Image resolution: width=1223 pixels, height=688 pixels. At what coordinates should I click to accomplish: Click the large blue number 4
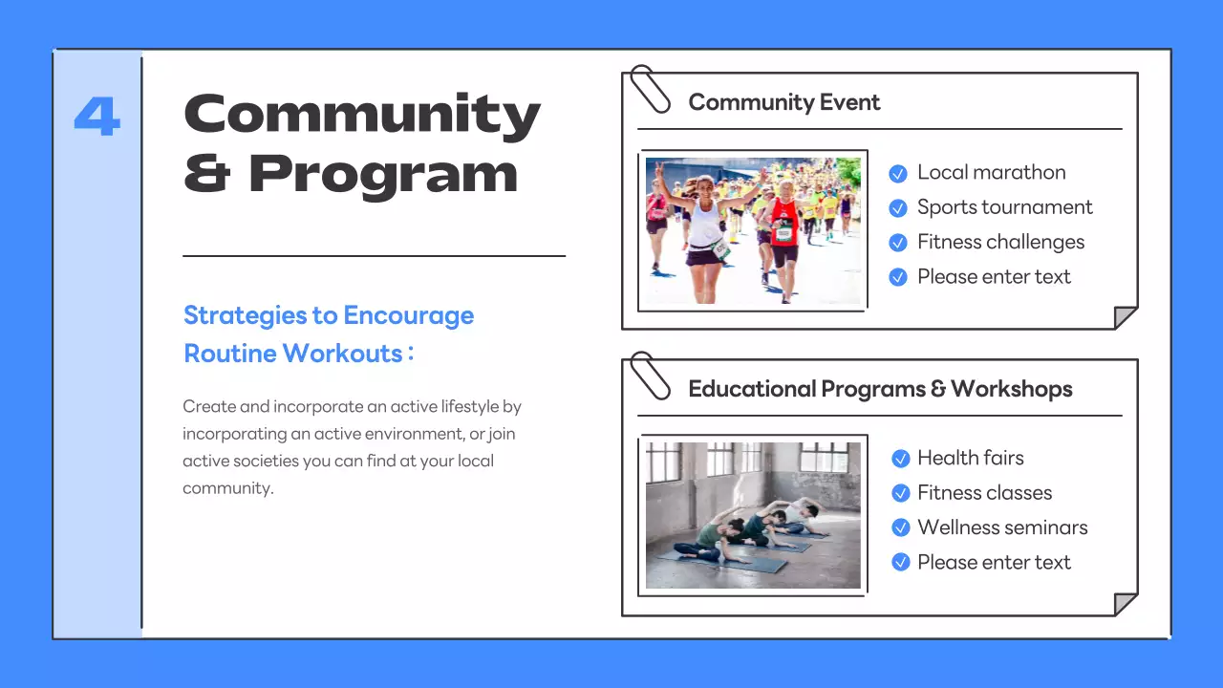point(97,117)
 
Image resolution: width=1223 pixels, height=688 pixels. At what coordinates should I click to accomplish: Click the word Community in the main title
point(362,115)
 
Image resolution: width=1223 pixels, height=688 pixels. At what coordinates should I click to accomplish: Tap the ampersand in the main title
point(205,173)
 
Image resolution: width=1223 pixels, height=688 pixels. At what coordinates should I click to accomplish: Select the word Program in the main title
point(383,175)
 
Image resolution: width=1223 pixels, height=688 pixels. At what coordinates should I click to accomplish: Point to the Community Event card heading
point(783,102)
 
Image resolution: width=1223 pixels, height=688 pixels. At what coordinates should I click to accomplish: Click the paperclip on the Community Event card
point(650,88)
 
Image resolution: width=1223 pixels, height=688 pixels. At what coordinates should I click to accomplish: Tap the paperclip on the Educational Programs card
point(650,375)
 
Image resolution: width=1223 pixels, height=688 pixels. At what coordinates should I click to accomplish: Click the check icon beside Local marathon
point(898,173)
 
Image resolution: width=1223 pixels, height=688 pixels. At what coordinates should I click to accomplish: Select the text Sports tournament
point(1004,207)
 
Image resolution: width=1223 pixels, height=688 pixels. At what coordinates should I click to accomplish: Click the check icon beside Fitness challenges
point(898,243)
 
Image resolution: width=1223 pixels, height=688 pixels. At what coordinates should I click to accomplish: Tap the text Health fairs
point(970,458)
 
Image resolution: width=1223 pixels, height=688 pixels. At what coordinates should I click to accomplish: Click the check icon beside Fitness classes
point(900,493)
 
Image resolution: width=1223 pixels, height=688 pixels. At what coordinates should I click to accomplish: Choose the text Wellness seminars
point(1002,527)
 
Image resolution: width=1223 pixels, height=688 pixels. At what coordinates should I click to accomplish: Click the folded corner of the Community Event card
point(1126,317)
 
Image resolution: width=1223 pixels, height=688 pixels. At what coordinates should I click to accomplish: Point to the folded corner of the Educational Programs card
point(1126,604)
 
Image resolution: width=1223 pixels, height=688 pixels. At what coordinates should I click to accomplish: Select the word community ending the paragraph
point(227,488)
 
